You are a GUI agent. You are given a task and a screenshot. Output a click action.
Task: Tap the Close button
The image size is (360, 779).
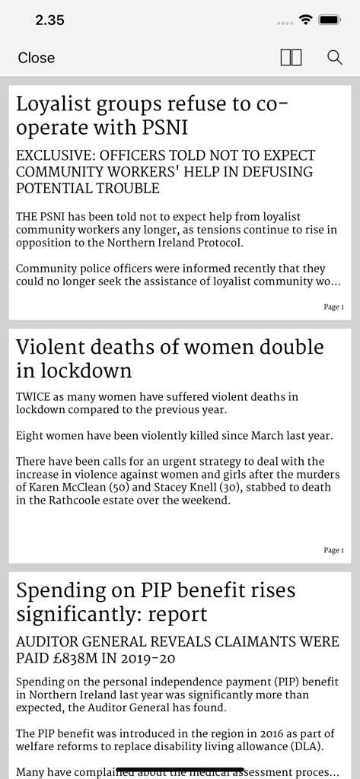pyautogui.click(x=37, y=58)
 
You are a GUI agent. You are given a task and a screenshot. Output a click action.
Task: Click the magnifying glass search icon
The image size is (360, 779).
pyautogui.click(x=335, y=58)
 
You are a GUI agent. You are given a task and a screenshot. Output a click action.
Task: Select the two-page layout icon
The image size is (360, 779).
pyautogui.click(x=291, y=58)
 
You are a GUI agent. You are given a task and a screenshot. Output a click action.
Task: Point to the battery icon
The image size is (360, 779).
pyautogui.click(x=330, y=21)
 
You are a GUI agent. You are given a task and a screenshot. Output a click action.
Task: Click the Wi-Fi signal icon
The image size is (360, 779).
pyautogui.click(x=307, y=21)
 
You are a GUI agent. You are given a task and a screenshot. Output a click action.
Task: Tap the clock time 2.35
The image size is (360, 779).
pyautogui.click(x=49, y=21)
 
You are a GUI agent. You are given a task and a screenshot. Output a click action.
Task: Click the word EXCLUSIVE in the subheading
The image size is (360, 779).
pyautogui.click(x=53, y=155)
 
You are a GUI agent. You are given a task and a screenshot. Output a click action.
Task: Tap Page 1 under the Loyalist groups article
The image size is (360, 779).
pyautogui.click(x=333, y=307)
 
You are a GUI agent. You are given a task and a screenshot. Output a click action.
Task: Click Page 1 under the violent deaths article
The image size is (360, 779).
pyautogui.click(x=333, y=550)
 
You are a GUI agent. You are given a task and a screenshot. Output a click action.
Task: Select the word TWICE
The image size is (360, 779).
pyautogui.click(x=33, y=396)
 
